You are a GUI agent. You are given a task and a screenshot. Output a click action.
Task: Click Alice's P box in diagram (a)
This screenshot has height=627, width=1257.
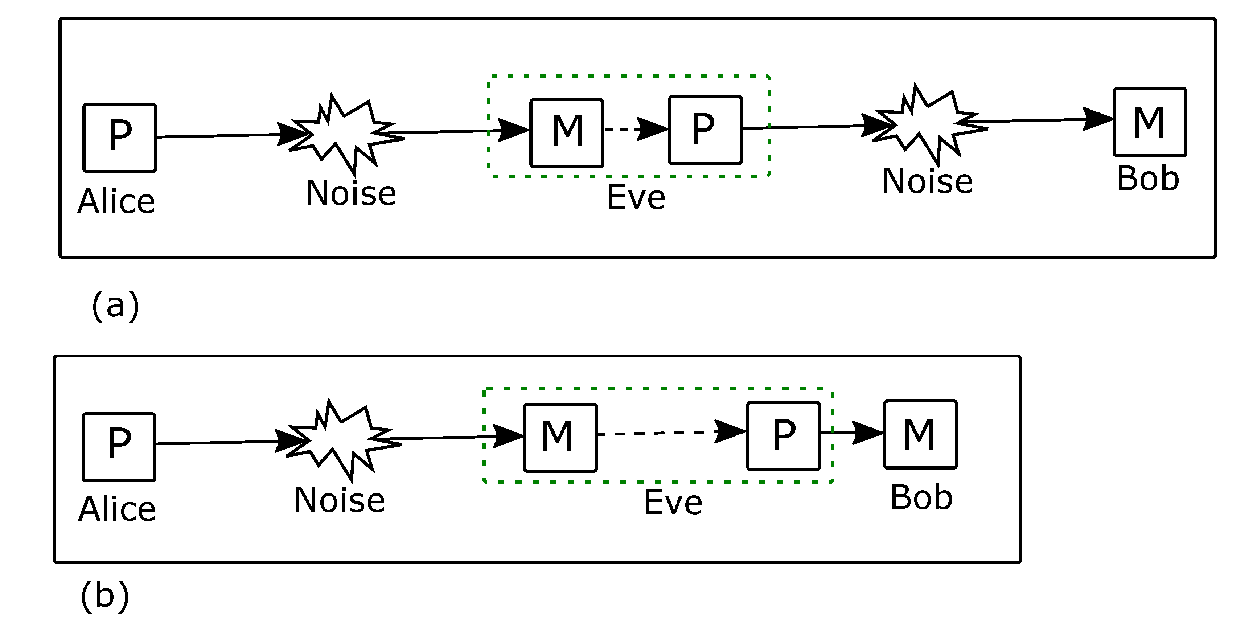pyautogui.click(x=120, y=138)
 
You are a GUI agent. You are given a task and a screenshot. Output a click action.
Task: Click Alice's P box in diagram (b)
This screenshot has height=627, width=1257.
pyautogui.click(x=119, y=447)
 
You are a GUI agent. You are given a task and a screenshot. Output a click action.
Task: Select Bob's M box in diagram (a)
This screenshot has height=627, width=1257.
pyautogui.click(x=1149, y=122)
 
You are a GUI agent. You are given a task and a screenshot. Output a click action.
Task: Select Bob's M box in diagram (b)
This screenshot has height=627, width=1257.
pyautogui.click(x=920, y=434)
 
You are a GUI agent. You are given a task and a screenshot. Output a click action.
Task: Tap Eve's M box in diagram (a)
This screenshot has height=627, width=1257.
pyautogui.click(x=567, y=133)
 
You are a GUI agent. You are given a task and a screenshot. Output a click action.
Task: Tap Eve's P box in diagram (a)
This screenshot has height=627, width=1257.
pyautogui.click(x=705, y=130)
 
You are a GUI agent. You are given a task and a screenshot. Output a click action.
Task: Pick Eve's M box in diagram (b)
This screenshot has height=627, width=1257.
pyautogui.click(x=560, y=437)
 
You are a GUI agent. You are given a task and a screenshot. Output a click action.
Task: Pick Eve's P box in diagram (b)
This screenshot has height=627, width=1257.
pyautogui.click(x=783, y=436)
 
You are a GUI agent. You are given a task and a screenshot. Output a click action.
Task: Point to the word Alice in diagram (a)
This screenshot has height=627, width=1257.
pyautogui.click(x=116, y=201)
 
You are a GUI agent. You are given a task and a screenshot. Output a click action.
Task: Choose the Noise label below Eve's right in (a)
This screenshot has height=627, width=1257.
pyautogui.click(x=927, y=181)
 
